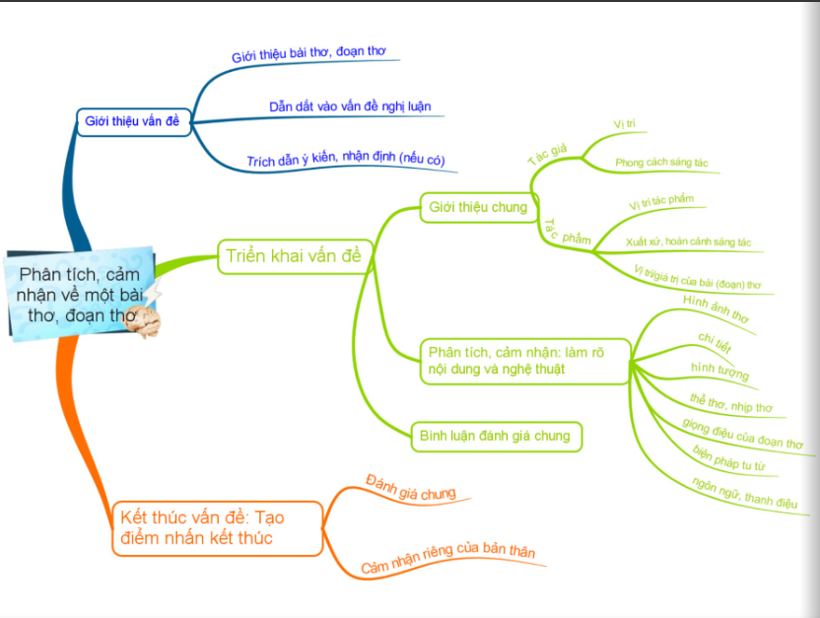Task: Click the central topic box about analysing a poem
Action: click(81, 295)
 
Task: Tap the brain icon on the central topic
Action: click(142, 321)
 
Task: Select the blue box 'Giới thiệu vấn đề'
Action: click(133, 122)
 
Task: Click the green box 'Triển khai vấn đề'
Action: click(295, 256)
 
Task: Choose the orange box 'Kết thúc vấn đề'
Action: click(217, 528)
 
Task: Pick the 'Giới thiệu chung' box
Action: click(479, 208)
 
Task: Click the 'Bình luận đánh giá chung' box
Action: click(496, 437)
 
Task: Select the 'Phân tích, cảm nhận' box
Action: click(525, 362)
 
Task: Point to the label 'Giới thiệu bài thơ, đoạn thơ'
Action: click(308, 53)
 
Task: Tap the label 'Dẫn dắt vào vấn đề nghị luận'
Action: click(350, 106)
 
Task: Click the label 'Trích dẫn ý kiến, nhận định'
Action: click(346, 159)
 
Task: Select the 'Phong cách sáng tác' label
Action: click(661, 163)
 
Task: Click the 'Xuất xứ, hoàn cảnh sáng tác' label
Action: click(688, 241)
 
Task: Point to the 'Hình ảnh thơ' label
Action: click(716, 309)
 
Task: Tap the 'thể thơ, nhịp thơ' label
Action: click(731, 403)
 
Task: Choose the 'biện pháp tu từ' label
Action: click(728, 458)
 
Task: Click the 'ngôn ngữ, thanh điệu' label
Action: click(745, 493)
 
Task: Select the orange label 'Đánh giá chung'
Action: click(411, 488)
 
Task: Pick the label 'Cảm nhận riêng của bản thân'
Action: click(448, 556)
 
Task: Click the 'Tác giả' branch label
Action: click(548, 154)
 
